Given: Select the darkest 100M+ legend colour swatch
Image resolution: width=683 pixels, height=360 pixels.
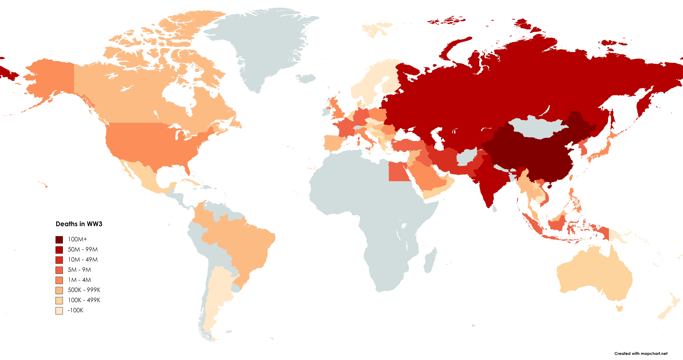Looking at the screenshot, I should coord(59,240).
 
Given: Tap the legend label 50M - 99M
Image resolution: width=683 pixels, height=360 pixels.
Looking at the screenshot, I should coord(83,249).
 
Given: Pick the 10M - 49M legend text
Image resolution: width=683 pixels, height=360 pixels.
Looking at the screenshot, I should coord(83,260).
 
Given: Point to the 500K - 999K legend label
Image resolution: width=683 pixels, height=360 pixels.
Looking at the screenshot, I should coord(84,290).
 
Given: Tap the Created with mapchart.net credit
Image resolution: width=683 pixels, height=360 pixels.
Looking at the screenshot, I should coord(641,353).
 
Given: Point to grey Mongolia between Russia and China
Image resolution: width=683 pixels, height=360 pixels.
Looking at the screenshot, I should coord(538,127).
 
